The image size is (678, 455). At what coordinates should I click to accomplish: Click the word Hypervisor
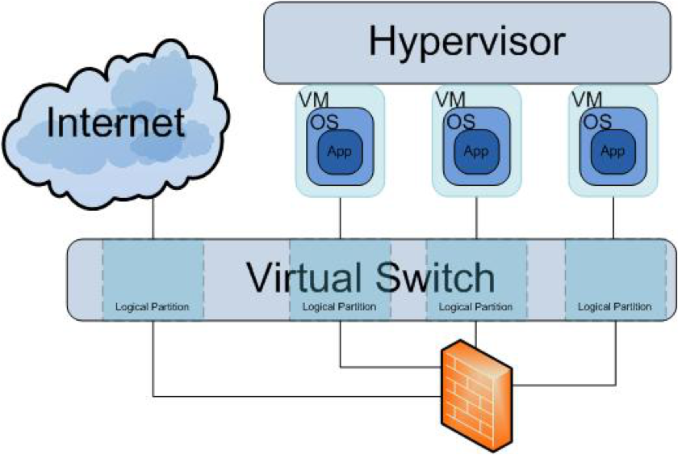click(467, 42)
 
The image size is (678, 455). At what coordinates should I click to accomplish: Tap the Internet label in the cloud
click(116, 123)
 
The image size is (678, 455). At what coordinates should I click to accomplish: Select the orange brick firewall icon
click(476, 396)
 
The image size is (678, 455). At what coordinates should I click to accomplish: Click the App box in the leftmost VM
click(340, 151)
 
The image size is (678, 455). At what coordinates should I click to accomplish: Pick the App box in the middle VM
click(476, 151)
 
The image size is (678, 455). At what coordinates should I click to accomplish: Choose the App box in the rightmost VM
click(613, 151)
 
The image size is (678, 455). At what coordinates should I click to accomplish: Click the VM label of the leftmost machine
click(314, 99)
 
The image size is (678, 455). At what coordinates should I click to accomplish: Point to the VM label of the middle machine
click(450, 99)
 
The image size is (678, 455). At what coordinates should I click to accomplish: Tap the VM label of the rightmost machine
click(588, 99)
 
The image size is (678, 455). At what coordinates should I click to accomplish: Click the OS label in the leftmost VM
click(324, 123)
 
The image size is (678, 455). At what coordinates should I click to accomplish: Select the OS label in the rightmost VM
click(597, 123)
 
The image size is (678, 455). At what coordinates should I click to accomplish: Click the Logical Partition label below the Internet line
click(153, 307)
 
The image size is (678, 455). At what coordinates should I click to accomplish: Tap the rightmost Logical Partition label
click(615, 307)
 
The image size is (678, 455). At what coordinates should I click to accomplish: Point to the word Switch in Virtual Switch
click(435, 277)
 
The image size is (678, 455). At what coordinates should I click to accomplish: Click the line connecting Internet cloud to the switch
click(153, 218)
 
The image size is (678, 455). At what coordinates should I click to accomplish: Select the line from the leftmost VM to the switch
click(341, 217)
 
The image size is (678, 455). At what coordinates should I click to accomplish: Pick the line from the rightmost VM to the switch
click(613, 217)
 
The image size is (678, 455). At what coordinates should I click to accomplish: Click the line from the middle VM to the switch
click(476, 217)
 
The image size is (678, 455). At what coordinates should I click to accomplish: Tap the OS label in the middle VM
click(461, 123)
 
